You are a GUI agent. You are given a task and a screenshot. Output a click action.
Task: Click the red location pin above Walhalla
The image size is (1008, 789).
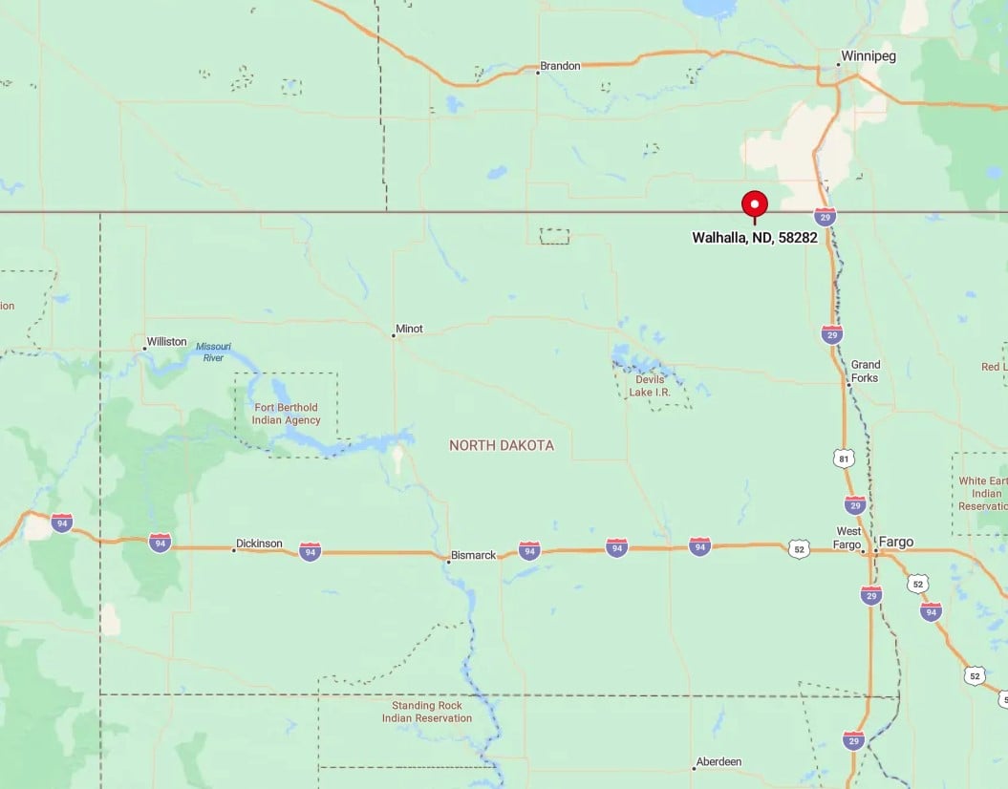(x=755, y=204)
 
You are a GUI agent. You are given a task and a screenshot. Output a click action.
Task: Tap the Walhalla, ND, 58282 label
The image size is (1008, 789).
(x=755, y=238)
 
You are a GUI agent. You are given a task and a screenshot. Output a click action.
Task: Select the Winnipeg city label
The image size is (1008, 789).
(x=868, y=56)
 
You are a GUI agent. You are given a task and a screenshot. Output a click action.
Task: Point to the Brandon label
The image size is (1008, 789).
(x=560, y=66)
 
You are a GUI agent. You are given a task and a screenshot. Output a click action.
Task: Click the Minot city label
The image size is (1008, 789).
(x=409, y=329)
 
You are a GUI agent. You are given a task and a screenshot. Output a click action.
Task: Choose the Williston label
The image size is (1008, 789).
(x=166, y=341)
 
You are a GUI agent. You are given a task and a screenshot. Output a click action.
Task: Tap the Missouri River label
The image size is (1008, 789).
(x=212, y=352)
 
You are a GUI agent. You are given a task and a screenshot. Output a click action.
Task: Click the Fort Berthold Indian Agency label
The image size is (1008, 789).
(x=287, y=414)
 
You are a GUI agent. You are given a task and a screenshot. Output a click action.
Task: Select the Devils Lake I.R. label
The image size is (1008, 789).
(x=650, y=386)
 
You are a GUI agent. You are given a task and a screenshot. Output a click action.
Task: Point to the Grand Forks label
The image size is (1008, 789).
(x=866, y=371)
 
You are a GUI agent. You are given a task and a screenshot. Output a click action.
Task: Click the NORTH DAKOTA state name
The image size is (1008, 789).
(x=501, y=445)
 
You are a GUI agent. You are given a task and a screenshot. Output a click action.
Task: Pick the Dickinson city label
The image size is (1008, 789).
(x=259, y=544)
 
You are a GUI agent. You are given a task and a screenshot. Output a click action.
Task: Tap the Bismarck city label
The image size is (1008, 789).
(x=474, y=555)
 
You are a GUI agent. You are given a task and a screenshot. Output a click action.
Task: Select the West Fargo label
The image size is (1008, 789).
(x=848, y=538)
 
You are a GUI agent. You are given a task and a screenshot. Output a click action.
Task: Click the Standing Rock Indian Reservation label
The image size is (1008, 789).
(x=427, y=712)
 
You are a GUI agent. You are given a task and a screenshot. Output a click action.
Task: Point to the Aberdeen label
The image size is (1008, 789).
(x=719, y=761)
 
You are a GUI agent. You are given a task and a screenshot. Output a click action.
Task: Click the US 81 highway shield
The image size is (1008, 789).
(x=842, y=458)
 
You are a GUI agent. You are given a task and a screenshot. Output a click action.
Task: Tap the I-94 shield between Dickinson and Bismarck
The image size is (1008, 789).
(x=310, y=551)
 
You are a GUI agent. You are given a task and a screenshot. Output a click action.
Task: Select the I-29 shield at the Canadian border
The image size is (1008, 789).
(x=826, y=217)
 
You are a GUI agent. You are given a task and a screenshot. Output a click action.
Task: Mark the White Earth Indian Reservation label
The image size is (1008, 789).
(x=981, y=494)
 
